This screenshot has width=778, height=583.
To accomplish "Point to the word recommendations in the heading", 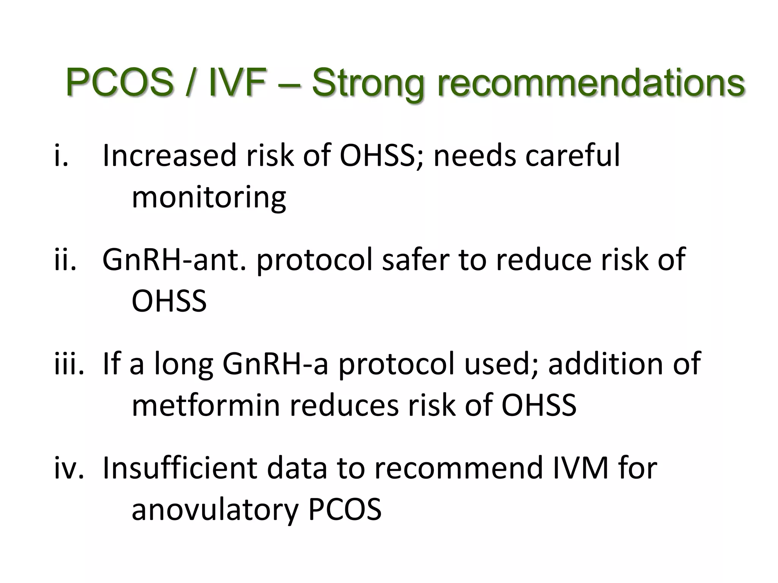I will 591,82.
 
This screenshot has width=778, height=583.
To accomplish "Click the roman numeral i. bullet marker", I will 61,156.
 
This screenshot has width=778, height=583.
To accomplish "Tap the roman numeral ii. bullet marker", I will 65,260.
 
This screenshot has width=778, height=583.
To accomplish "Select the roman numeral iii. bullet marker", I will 69,364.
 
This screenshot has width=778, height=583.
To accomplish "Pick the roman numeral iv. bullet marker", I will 69,468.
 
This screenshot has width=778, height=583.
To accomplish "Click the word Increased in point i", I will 170,156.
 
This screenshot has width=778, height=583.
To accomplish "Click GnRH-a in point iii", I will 275,364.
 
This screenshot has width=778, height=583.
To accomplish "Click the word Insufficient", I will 180,468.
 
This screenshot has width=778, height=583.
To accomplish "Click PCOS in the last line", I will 345,510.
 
